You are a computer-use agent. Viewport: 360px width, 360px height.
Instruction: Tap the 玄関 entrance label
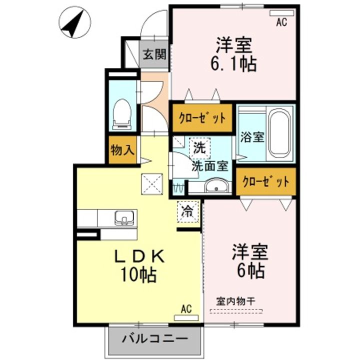click(154, 55)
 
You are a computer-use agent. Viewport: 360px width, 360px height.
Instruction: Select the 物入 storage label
click(122, 150)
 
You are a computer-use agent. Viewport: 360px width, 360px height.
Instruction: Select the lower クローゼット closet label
click(265, 182)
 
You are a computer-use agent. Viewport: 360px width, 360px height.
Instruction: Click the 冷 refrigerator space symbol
click(187, 211)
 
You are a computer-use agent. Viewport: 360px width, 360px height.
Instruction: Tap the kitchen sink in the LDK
click(123, 217)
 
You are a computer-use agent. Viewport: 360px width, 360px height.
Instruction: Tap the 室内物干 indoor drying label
click(235, 301)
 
